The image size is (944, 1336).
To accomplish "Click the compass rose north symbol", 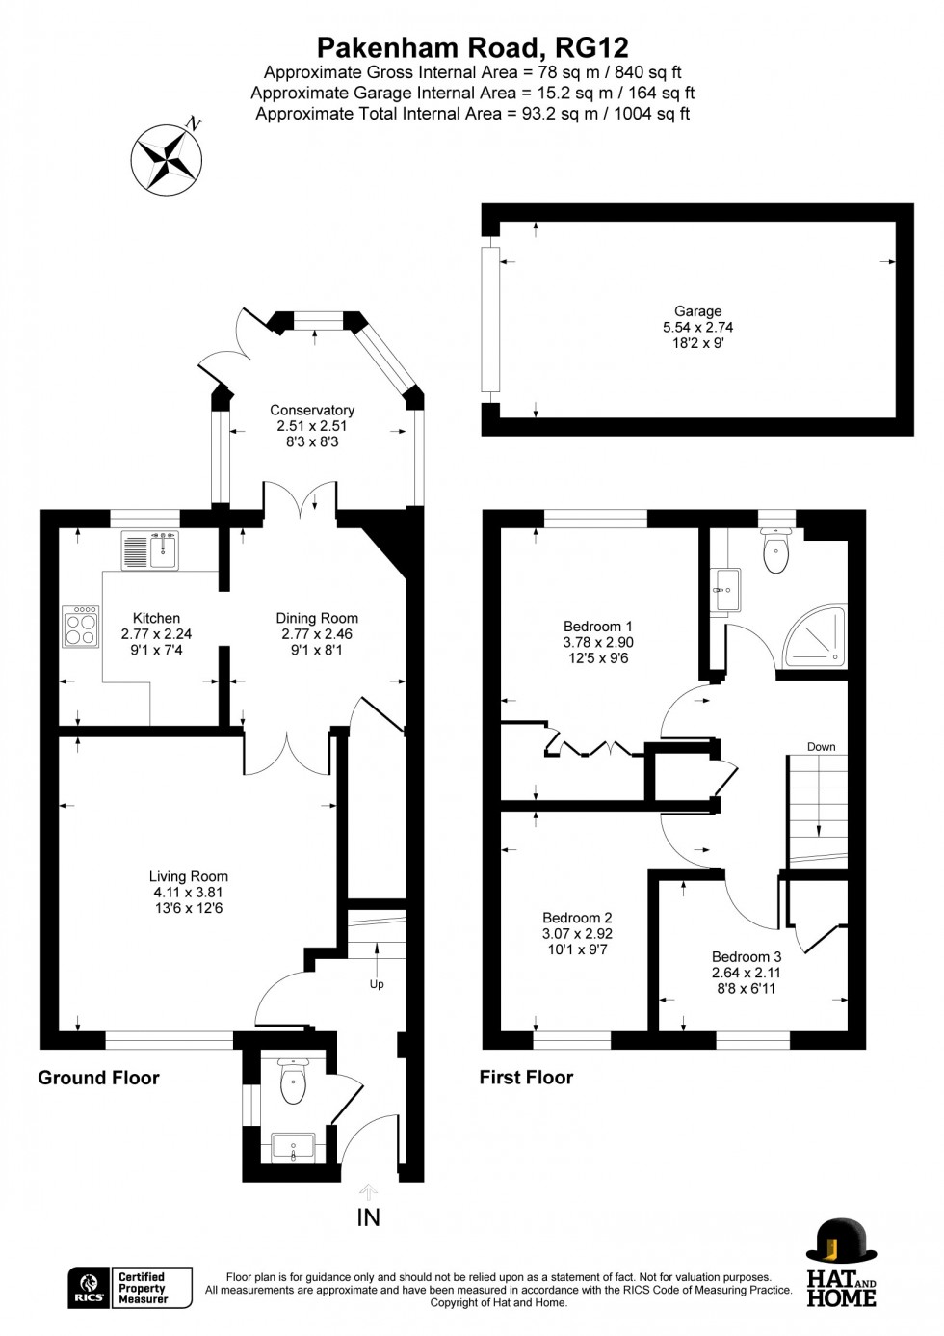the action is [x=167, y=159].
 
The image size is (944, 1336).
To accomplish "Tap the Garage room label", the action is [x=697, y=310].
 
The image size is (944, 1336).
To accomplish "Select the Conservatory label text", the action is [x=312, y=411].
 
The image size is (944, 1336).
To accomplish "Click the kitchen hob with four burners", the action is [x=81, y=627].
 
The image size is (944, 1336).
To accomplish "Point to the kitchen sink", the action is [x=150, y=549].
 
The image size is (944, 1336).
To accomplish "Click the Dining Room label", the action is [x=317, y=618].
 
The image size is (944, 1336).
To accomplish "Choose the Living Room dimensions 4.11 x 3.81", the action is [x=189, y=893].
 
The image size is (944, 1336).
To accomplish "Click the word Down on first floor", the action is [x=822, y=747].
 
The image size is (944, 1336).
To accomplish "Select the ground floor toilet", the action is [x=293, y=1081].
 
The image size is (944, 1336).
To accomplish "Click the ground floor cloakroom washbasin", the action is [x=293, y=1147].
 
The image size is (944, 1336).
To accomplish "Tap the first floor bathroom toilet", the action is [x=776, y=549].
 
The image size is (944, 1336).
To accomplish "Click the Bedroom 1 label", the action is [x=598, y=627].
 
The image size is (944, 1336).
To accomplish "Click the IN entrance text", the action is [x=369, y=1217].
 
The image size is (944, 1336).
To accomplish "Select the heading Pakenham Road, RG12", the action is [x=473, y=48].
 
